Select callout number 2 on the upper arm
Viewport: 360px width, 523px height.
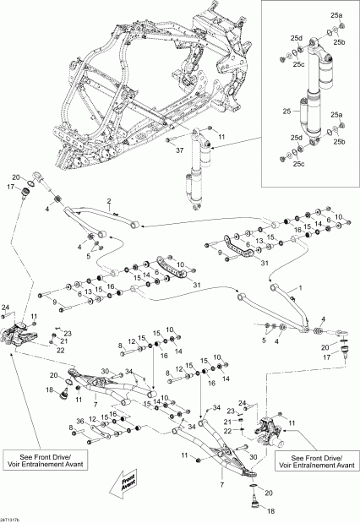(x=108, y=202)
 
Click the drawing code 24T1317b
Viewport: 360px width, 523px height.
(x=15, y=517)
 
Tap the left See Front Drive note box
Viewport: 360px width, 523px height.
(x=35, y=467)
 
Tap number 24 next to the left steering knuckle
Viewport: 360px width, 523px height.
(x=6, y=306)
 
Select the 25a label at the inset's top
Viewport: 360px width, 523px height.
(x=336, y=16)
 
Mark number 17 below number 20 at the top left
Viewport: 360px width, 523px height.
(x=13, y=186)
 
